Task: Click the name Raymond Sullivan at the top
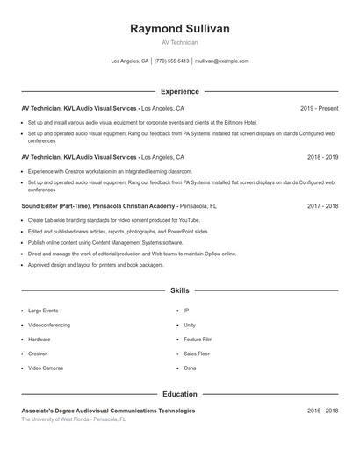click(179, 29)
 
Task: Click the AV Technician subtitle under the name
click(179, 42)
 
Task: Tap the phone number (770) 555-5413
click(171, 61)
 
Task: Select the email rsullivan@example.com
click(221, 61)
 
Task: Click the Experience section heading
click(179, 91)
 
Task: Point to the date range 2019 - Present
click(319, 109)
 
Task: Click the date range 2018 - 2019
click(322, 157)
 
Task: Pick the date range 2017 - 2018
click(322, 206)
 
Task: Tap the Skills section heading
click(179, 290)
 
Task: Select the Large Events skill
click(43, 311)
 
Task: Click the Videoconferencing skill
click(48, 325)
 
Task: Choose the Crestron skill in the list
click(38, 354)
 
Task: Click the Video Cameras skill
click(46, 368)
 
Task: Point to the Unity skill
click(190, 325)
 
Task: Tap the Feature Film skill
click(198, 339)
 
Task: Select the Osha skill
click(190, 368)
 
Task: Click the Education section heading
click(179, 394)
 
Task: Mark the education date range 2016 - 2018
click(322, 411)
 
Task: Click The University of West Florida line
click(74, 419)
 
